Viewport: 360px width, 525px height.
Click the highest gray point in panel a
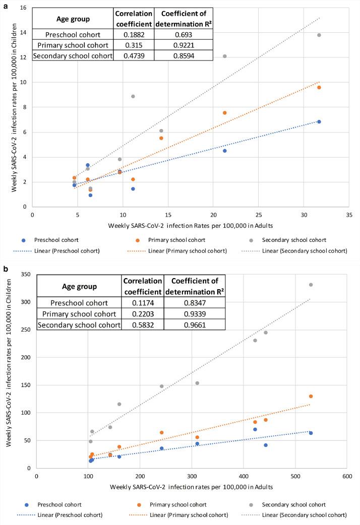319,35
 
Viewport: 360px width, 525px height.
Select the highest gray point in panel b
311,285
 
